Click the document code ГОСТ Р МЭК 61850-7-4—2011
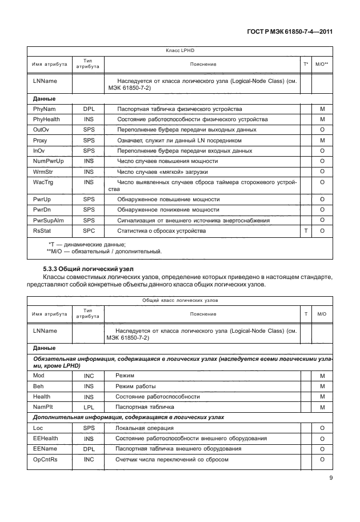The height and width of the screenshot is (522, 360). pos(291,32)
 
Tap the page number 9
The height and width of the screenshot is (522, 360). pos(331,479)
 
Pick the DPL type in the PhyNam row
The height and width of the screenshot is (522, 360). pos(88,108)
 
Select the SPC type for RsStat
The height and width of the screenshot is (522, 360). pos(88,231)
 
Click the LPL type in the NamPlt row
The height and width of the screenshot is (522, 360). pos(88,407)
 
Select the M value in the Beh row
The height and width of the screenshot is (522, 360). pos(322,386)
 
